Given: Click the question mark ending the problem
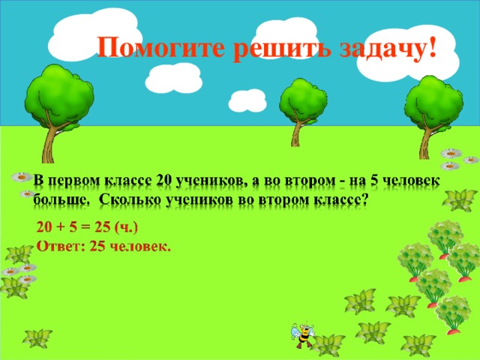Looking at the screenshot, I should point(364,199).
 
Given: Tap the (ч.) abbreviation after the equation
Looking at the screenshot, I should point(124,226).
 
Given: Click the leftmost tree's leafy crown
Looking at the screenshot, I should point(58,94).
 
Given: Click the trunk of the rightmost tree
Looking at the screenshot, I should point(428,139).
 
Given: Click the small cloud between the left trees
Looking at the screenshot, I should point(247,100).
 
